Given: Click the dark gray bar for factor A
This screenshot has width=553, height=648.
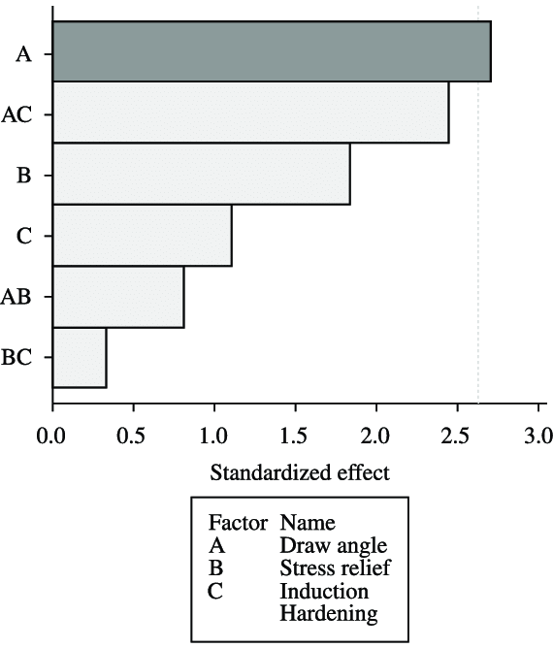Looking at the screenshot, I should (271, 51).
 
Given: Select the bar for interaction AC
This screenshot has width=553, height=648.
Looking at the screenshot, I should (249, 113).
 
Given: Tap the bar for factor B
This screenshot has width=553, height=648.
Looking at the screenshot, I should (200, 174).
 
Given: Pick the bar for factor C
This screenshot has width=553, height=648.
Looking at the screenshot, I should (142, 235).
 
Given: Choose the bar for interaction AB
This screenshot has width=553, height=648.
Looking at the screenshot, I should (117, 296).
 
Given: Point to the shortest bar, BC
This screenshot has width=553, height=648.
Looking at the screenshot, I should (79, 357).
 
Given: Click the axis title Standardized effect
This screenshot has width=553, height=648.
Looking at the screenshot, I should (299, 473).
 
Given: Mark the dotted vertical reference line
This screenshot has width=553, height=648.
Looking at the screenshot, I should (477, 243).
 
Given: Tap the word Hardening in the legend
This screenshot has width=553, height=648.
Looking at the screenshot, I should (328, 612).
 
